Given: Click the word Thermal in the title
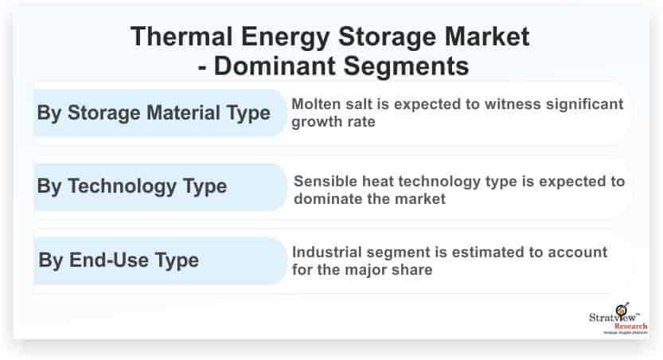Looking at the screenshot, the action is coord(181,37).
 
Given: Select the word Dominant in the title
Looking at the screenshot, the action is coord(275,66).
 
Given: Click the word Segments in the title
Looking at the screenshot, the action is coord(407,67).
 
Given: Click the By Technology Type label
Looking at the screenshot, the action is coord(132,186).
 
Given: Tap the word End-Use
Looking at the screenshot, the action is coord(109,260).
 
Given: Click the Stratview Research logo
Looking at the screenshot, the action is coord(618,319).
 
